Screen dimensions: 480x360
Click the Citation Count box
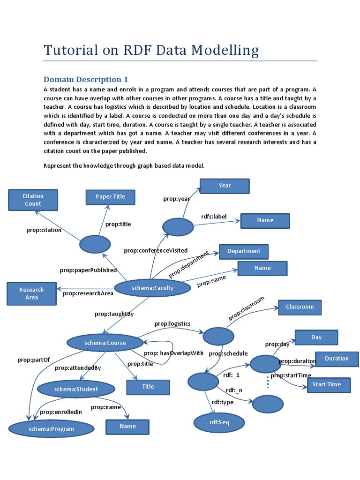(x=33, y=200)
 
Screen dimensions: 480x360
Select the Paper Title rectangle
(x=111, y=197)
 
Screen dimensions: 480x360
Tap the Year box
(x=225, y=186)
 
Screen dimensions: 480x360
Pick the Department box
(x=244, y=251)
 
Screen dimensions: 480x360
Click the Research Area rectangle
(x=31, y=293)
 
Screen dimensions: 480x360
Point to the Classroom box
(x=300, y=307)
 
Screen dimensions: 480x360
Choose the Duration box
(x=337, y=359)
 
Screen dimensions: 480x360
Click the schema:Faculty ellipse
(x=152, y=288)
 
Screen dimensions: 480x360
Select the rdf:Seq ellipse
(x=212, y=422)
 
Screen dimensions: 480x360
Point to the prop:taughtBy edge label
(x=114, y=314)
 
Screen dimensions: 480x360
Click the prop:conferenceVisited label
(x=156, y=251)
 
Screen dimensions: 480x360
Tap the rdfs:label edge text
(x=214, y=216)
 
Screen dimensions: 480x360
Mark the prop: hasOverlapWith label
(x=173, y=353)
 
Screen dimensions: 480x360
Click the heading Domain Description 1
(x=86, y=79)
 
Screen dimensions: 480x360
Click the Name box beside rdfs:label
(x=265, y=220)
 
